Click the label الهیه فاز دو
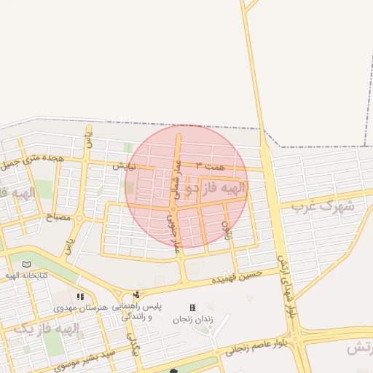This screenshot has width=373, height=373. point(216,189)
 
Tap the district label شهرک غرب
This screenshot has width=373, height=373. point(322,205)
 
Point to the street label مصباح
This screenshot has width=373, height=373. point(60,217)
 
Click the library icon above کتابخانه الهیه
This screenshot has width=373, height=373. point(27,264)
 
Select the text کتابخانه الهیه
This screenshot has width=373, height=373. point(27,275)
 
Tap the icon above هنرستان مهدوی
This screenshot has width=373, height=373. point(80,297)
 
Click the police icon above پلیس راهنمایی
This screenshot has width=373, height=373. point(136,295)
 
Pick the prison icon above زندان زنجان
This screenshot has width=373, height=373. point(192,307)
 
